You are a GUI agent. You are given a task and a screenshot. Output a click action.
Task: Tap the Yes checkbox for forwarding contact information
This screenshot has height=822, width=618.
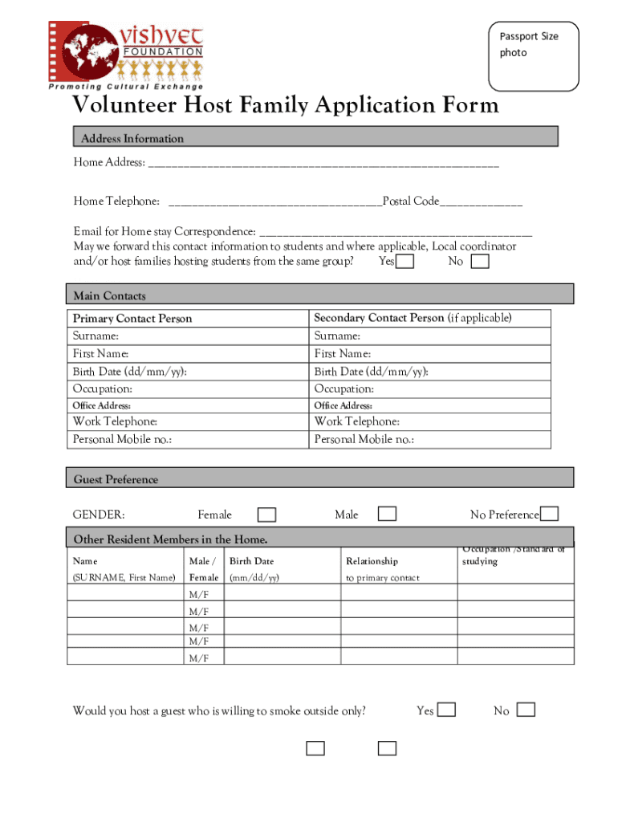pyautogui.click(x=406, y=262)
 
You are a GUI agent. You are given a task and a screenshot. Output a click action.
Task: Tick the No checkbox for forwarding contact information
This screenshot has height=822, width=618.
pyautogui.click(x=480, y=262)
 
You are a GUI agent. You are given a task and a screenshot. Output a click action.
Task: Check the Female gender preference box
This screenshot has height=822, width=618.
pyautogui.click(x=266, y=515)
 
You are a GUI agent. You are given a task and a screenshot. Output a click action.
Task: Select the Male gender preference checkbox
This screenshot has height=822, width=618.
pyautogui.click(x=387, y=514)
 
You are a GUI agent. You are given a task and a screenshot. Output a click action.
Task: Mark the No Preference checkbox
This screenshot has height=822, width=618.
pyautogui.click(x=549, y=515)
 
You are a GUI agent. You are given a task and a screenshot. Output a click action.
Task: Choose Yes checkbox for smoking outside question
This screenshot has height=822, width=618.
pyautogui.click(x=446, y=710)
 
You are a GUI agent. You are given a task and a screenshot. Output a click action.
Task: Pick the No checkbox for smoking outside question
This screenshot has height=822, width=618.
pyautogui.click(x=527, y=710)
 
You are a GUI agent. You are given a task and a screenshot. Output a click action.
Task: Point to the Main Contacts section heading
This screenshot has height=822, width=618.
pyautogui.click(x=110, y=295)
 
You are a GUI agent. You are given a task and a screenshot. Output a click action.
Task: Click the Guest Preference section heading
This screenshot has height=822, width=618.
pyautogui.click(x=116, y=479)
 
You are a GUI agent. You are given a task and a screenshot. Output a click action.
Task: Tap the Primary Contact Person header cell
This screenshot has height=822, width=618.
pyautogui.click(x=133, y=319)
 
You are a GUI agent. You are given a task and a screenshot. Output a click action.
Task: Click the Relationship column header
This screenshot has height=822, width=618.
pyautogui.click(x=372, y=561)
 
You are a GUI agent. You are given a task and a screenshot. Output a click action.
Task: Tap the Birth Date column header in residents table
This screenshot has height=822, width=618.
pyautogui.click(x=252, y=561)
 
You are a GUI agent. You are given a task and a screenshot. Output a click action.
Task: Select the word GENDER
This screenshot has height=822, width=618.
pyautogui.click(x=99, y=515)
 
